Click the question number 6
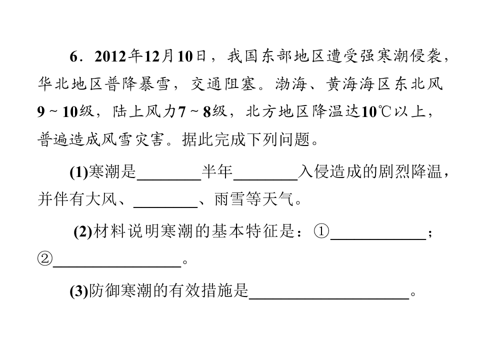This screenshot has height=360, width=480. (74, 56)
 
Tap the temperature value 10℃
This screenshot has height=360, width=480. (376, 111)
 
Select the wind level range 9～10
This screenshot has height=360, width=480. (57, 111)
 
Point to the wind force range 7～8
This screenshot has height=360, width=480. (194, 111)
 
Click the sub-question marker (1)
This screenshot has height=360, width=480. (79, 172)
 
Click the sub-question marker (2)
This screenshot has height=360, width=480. (83, 231)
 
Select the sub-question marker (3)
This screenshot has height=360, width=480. (79, 291)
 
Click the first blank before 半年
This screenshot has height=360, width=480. (169, 180)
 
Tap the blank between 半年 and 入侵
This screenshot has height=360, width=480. (265, 180)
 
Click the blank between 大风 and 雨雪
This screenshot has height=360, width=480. (165, 207)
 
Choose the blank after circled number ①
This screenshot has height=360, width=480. (378, 239)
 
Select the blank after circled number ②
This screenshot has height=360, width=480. (117, 266)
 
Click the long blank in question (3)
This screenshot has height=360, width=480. (329, 298)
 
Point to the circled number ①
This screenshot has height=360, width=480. (321, 231)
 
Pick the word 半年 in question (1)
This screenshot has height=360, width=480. (217, 171)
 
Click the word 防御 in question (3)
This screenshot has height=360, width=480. (104, 291)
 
